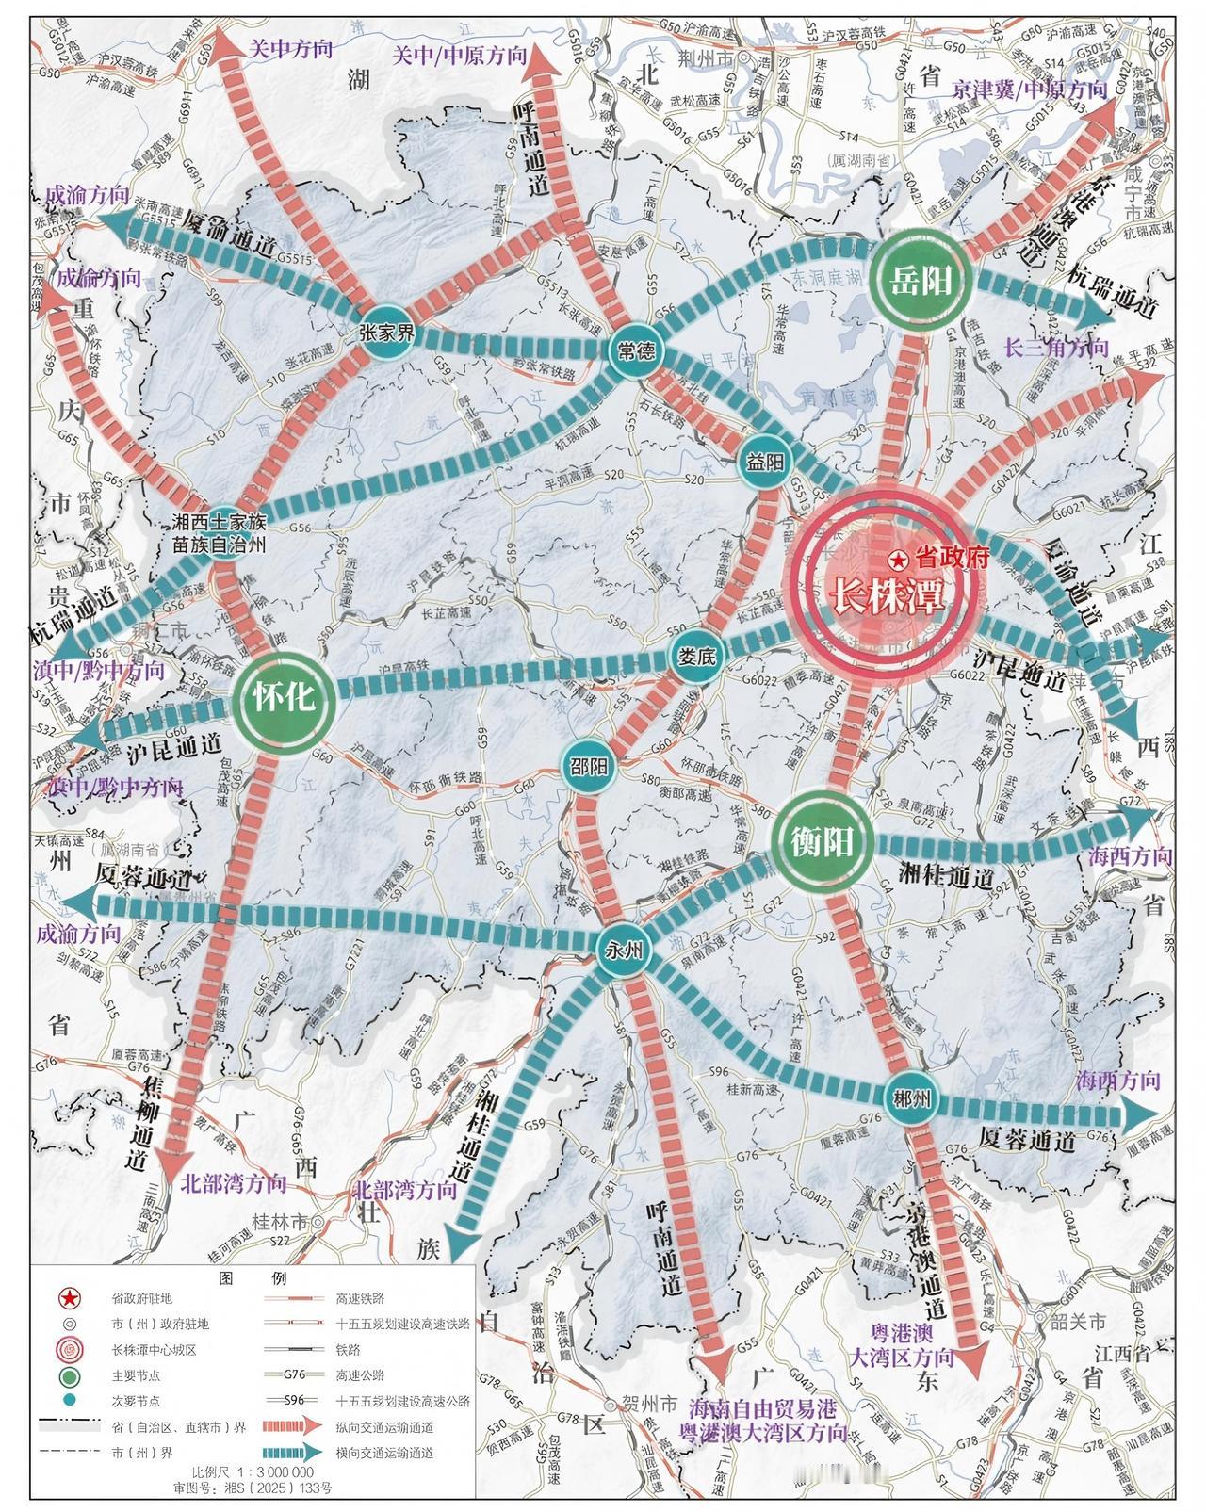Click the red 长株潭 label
coord(885,595)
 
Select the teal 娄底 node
coord(698,657)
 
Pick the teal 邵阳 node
coord(590,765)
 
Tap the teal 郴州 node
coord(910,1097)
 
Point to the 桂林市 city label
coord(280,1222)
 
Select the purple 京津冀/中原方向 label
coord(1029,90)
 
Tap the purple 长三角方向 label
coord(1056,347)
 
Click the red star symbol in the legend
coord(70,1299)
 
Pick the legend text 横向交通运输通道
coord(384,1452)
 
